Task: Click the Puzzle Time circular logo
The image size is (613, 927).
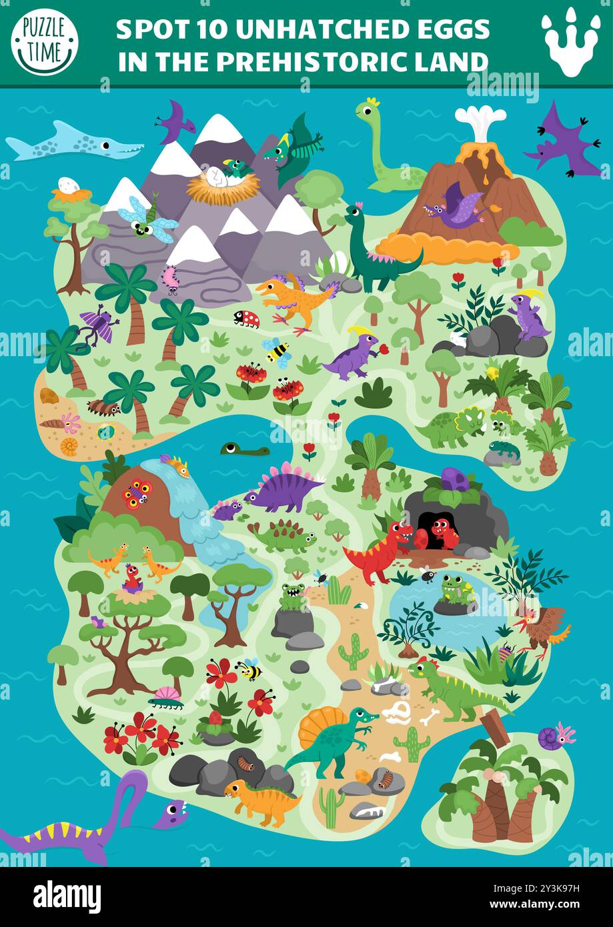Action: (x=45, y=42)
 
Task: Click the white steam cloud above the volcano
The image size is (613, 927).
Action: (x=480, y=121)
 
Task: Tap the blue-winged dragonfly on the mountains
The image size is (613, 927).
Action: (x=147, y=219)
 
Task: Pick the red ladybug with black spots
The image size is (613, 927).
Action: (x=246, y=318)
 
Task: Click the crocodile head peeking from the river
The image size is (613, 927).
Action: (x=244, y=449)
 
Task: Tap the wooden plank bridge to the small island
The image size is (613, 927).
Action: (x=494, y=726)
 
